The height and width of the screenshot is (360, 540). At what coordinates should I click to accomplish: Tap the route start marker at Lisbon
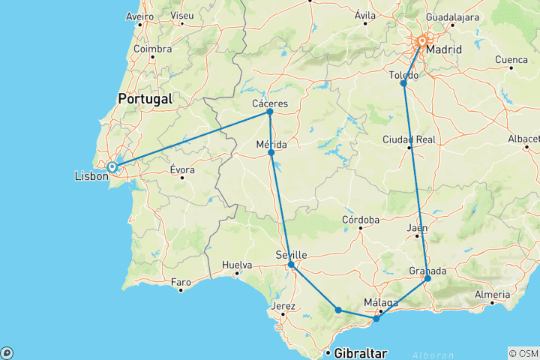point(112,167)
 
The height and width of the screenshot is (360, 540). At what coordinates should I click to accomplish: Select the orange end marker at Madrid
point(422,41)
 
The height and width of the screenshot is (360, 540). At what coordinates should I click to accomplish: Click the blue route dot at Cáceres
point(269,112)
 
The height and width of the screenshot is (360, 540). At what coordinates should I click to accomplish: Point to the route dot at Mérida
point(271,153)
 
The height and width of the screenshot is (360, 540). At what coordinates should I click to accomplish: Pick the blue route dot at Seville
point(291,265)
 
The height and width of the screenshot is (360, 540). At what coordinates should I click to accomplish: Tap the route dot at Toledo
point(403,83)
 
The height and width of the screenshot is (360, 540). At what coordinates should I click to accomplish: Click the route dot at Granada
point(428,279)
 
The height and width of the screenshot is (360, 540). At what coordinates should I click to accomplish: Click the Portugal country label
point(145,98)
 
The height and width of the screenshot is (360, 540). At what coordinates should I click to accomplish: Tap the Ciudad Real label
point(409,139)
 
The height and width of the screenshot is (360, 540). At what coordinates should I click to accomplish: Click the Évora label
point(181,169)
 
